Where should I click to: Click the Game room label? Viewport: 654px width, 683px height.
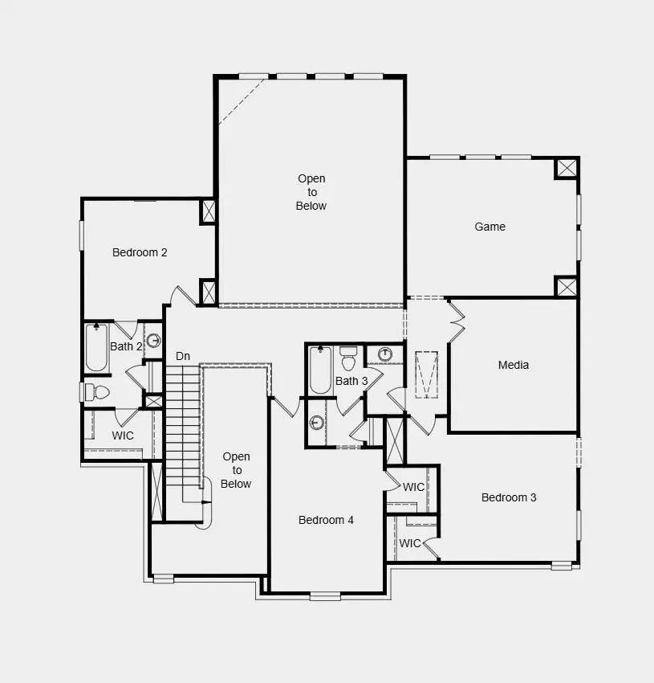pos(489,227)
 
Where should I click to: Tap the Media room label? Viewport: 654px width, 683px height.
pos(514,365)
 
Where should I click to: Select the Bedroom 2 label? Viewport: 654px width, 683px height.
pos(140,252)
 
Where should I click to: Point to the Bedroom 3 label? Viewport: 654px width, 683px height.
pos(509,497)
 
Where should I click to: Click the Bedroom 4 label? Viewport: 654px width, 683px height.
pos(326,520)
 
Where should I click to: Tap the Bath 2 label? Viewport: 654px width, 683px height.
pos(126,346)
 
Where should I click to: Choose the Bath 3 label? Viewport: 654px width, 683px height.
pos(351,381)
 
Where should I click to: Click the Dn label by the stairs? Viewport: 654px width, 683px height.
pos(183,356)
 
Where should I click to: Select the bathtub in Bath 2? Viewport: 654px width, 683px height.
pos(97,347)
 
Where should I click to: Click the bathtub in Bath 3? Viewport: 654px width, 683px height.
pos(320,370)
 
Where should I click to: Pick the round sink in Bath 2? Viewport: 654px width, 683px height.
pos(153,339)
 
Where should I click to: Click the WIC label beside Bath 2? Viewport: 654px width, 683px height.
pos(123,436)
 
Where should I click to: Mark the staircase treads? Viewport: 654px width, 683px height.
pos(182,426)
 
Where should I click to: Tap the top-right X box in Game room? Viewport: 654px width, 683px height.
pos(567,168)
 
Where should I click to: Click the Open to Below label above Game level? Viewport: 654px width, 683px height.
pos(311,192)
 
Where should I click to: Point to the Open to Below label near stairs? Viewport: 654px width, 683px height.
pos(237,470)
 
